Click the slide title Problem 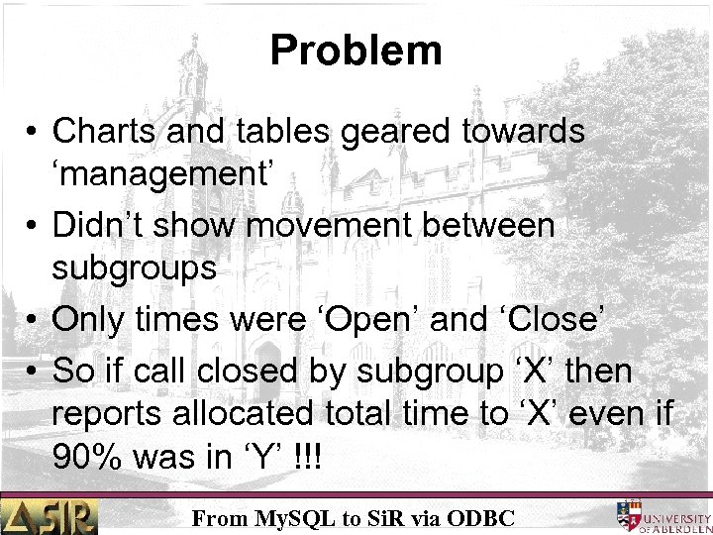pos(356,50)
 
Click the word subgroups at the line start pos(135,270)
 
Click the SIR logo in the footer pos(50,515)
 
